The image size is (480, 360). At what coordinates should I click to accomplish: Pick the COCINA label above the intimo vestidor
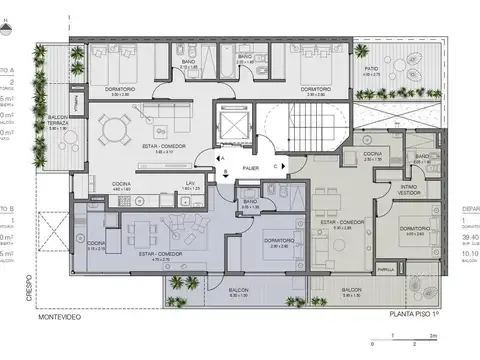pos(373,156)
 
